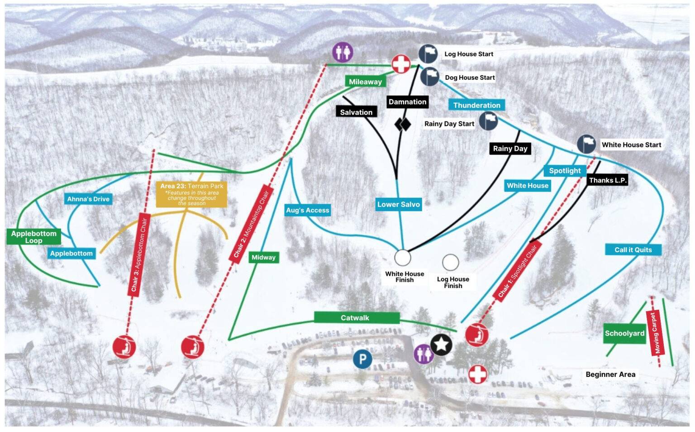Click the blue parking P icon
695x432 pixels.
pyautogui.click(x=362, y=360)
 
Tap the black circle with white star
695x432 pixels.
pyautogui.click(x=441, y=345)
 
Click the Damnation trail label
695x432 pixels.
pyautogui.click(x=407, y=102)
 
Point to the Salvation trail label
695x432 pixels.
pyautogui.click(x=356, y=112)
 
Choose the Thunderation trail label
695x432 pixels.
pyautogui.click(x=476, y=105)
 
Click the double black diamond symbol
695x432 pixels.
pyautogui.click(x=402, y=124)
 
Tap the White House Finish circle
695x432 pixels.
pyautogui.click(x=402, y=258)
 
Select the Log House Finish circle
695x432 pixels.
pyautogui.click(x=450, y=262)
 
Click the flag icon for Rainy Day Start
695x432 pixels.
pyautogui.click(x=488, y=120)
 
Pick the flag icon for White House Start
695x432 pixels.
pyautogui.click(x=586, y=144)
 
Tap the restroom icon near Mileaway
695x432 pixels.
pyautogui.click(x=343, y=53)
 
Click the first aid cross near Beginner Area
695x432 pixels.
pyautogui.click(x=477, y=374)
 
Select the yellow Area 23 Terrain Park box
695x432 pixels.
pyautogui.click(x=191, y=194)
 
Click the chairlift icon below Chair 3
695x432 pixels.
pyautogui.click(x=124, y=347)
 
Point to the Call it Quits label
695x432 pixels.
pyautogui.click(x=633, y=250)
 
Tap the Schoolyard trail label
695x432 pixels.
pyautogui.click(x=624, y=333)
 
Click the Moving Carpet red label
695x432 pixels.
pyautogui.click(x=655, y=333)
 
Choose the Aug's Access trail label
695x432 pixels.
pyautogui.click(x=307, y=210)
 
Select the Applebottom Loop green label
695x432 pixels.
pyautogui.click(x=33, y=237)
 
